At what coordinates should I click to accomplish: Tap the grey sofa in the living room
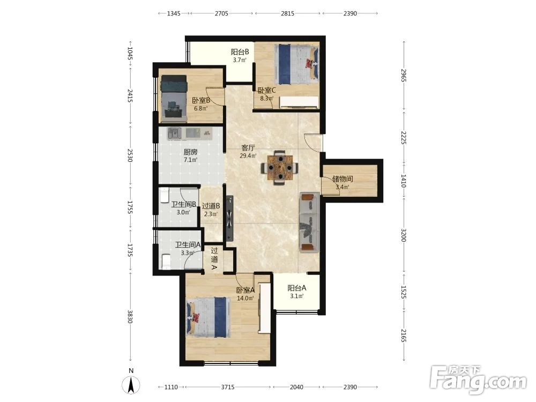tap(310, 222)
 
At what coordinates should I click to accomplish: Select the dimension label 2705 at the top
tap(221, 13)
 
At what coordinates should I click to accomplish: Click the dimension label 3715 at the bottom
tap(228, 387)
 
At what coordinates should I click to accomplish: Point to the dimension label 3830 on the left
tap(130, 317)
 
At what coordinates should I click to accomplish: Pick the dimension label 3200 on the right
tap(404, 235)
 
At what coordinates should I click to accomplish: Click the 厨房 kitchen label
tap(190, 152)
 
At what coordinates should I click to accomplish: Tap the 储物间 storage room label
tap(343, 179)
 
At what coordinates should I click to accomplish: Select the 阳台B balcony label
tap(240, 52)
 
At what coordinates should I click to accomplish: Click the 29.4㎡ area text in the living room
tap(248, 156)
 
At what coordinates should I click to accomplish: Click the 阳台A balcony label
tap(297, 288)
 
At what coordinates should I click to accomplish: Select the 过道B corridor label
tap(211, 206)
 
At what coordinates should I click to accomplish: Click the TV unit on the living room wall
tap(229, 219)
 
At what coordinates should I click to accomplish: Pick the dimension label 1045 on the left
tap(130, 53)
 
